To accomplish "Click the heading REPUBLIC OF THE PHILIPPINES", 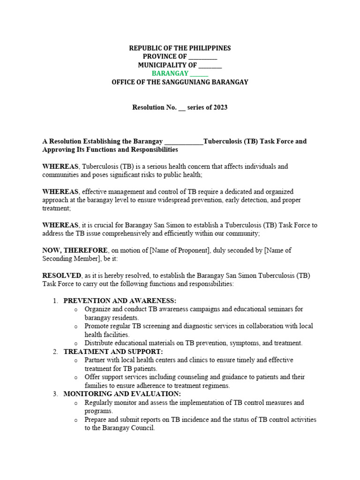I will (x=180, y=48).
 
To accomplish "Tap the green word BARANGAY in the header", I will (x=170, y=74).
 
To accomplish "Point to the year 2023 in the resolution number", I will (x=220, y=107).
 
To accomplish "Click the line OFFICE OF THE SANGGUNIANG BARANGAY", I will (x=180, y=82).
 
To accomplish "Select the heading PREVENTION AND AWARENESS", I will (x=120, y=300).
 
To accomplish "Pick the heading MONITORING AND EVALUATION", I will (x=122, y=394).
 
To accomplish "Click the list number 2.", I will (x=55, y=351).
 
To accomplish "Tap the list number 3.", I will (x=55, y=394).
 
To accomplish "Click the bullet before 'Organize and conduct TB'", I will (x=75, y=309).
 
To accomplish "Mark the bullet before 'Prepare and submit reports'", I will (x=75, y=420).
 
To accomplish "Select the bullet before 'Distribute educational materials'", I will (x=75, y=343).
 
